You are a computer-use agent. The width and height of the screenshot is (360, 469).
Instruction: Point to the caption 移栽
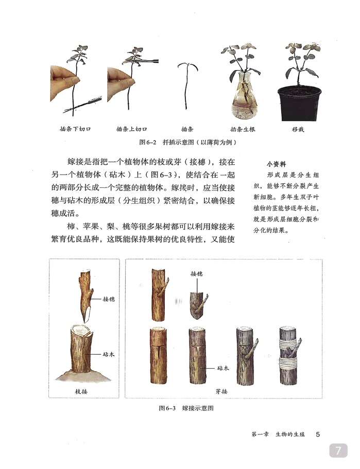click(298, 129)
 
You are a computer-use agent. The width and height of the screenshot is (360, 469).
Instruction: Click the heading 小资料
click(277, 163)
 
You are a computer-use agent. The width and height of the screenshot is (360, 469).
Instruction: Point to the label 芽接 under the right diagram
click(221, 391)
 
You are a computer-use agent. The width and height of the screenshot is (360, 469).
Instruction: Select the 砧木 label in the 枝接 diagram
click(109, 355)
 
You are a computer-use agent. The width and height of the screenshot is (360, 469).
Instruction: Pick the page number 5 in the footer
click(318, 434)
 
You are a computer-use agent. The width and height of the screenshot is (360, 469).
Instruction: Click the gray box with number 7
click(339, 450)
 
